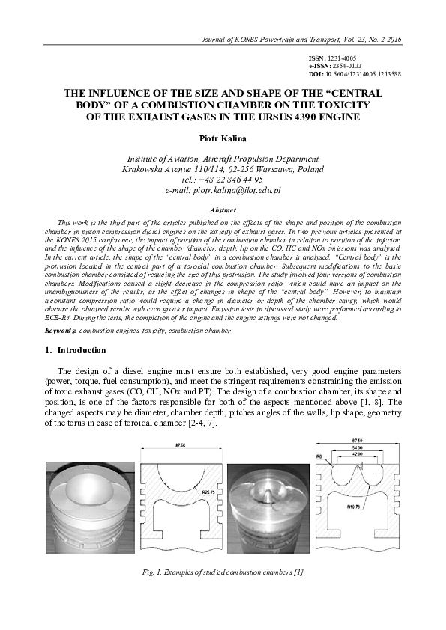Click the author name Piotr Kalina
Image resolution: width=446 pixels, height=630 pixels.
coord(223,139)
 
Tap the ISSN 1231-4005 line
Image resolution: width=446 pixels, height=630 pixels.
coord(333,58)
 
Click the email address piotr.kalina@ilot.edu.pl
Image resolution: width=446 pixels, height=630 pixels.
coord(223,192)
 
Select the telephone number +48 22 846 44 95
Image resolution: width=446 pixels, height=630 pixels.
coord(223,180)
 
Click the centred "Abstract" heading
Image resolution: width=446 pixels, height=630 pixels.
coord(223,210)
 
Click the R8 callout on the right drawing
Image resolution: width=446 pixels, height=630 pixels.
coord(319,453)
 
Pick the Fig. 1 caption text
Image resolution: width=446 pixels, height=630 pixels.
coord(223,572)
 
